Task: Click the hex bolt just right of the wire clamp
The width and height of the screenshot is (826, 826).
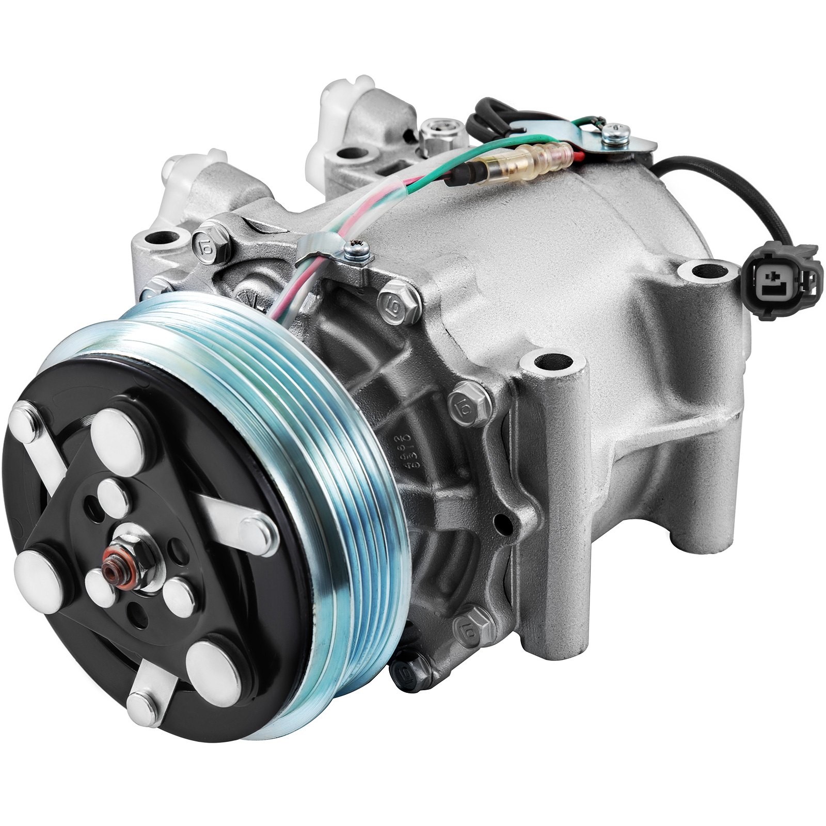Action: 400,301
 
